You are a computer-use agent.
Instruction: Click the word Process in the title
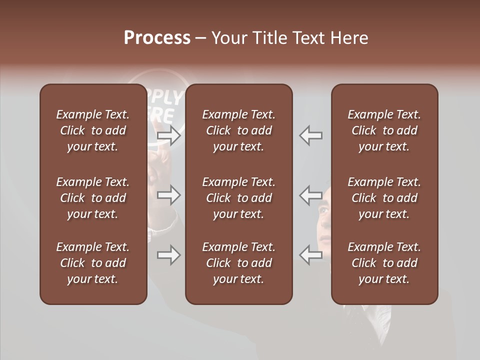coord(157,38)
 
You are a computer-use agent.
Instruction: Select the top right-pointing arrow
coord(168,135)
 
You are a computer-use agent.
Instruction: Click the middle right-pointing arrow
coord(168,194)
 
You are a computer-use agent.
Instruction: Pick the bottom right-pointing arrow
coord(168,255)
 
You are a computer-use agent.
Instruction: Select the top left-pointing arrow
coord(311,135)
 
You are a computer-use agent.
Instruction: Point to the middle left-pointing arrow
coord(311,194)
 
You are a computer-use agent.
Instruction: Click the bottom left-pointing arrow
coord(311,255)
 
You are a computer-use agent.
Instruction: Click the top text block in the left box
coord(93,130)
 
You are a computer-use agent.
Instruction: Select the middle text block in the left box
coord(93,198)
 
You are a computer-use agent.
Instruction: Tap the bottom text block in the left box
coord(93,263)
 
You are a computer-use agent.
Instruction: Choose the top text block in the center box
coord(238,130)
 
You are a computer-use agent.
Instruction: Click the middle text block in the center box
coord(238,198)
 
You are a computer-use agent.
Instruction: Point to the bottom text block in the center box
coord(238,263)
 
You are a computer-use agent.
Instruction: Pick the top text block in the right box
coord(384,130)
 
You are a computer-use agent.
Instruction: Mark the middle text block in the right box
coord(384,198)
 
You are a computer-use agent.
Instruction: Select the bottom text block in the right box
coord(384,263)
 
